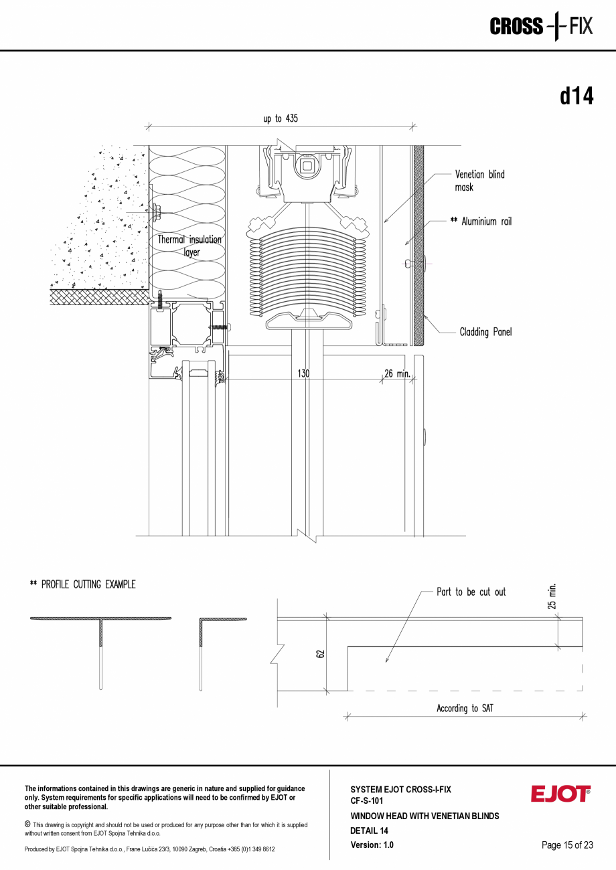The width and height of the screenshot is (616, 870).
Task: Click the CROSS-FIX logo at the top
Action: [541, 27]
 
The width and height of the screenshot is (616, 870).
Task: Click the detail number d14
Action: [576, 96]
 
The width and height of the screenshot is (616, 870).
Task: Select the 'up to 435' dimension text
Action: [281, 118]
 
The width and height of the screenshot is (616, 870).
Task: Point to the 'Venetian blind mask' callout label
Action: [479, 181]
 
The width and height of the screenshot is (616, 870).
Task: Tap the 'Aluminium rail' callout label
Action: [481, 222]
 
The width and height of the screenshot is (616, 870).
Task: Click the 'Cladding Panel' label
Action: [485, 332]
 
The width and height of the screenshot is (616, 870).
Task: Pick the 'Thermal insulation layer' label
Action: [189, 246]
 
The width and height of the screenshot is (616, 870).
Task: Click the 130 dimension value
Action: [303, 373]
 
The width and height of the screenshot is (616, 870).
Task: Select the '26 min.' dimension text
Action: [397, 373]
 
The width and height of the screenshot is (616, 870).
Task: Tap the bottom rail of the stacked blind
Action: [308, 321]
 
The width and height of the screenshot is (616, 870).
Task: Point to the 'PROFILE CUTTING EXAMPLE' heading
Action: [82, 584]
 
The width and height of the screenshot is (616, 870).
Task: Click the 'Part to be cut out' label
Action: [471, 592]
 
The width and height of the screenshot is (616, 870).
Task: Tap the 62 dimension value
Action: [320, 653]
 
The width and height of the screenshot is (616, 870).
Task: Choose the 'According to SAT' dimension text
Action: [464, 708]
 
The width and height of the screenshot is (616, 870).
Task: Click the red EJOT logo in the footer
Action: [560, 794]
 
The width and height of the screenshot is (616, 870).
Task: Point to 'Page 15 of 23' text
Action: [567, 845]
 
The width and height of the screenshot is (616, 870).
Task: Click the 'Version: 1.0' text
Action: [372, 845]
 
